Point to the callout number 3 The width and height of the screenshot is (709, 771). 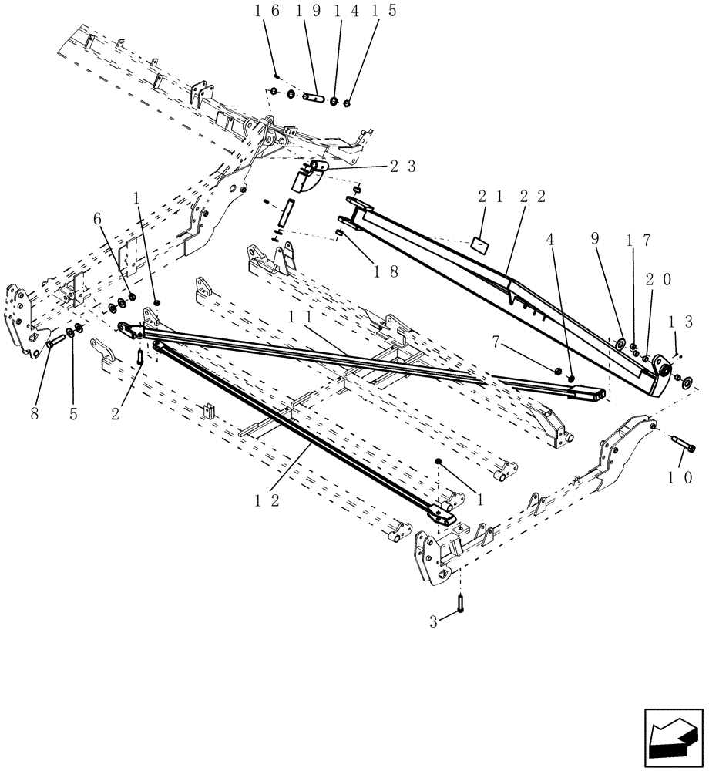click(x=434, y=621)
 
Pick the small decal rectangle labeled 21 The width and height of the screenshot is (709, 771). click(x=479, y=244)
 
